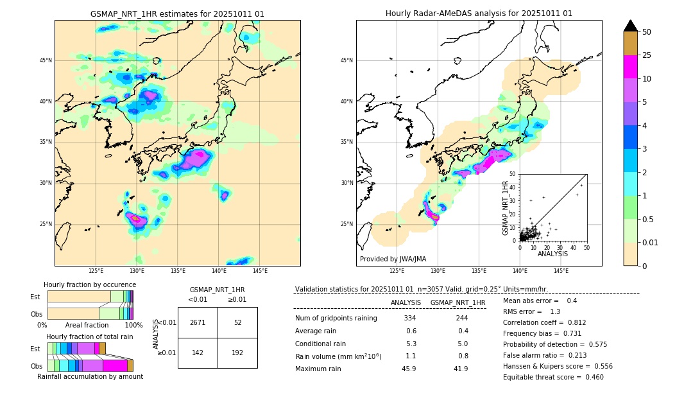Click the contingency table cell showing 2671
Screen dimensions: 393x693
(198, 322)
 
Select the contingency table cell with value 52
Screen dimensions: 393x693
(237, 322)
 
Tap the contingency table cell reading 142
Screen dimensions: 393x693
(198, 353)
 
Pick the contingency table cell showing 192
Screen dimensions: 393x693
(237, 353)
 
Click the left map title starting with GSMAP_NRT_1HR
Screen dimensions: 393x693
(177, 14)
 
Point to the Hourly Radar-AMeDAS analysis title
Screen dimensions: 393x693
(479, 13)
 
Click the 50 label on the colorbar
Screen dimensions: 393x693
(647, 32)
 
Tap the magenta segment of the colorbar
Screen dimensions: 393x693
(630, 67)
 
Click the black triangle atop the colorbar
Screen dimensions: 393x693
(630, 26)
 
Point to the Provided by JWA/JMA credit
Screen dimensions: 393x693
(393, 259)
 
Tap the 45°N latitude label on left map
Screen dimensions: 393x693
(46, 60)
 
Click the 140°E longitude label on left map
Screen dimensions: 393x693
(219, 271)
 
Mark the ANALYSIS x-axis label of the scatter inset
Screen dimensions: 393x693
(552, 254)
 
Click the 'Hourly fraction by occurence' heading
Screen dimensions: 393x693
(90, 284)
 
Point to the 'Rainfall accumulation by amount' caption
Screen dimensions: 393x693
(90, 377)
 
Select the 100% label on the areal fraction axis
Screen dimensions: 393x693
(133, 326)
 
